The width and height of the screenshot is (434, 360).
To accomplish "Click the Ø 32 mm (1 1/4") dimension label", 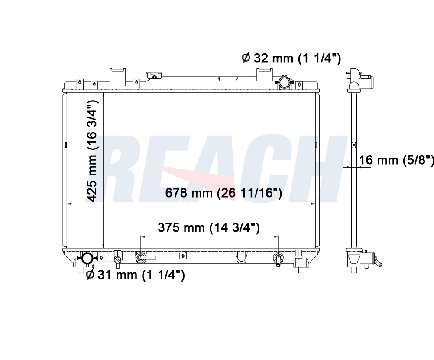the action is (x=291, y=58).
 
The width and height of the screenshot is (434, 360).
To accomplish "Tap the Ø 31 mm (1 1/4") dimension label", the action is (x=135, y=275).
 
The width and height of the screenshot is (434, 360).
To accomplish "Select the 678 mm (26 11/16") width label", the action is (x=223, y=193).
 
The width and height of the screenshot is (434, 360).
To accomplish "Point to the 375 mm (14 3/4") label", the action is (x=209, y=228).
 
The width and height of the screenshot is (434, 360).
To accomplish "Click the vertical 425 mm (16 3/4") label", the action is (x=92, y=151).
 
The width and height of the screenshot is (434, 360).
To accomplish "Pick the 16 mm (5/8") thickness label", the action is (x=396, y=160).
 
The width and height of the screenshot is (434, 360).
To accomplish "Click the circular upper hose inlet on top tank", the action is (x=285, y=82).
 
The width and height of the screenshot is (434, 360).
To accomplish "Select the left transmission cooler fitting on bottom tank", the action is (x=145, y=257).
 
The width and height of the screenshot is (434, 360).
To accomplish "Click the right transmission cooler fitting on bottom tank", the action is (x=278, y=259).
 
